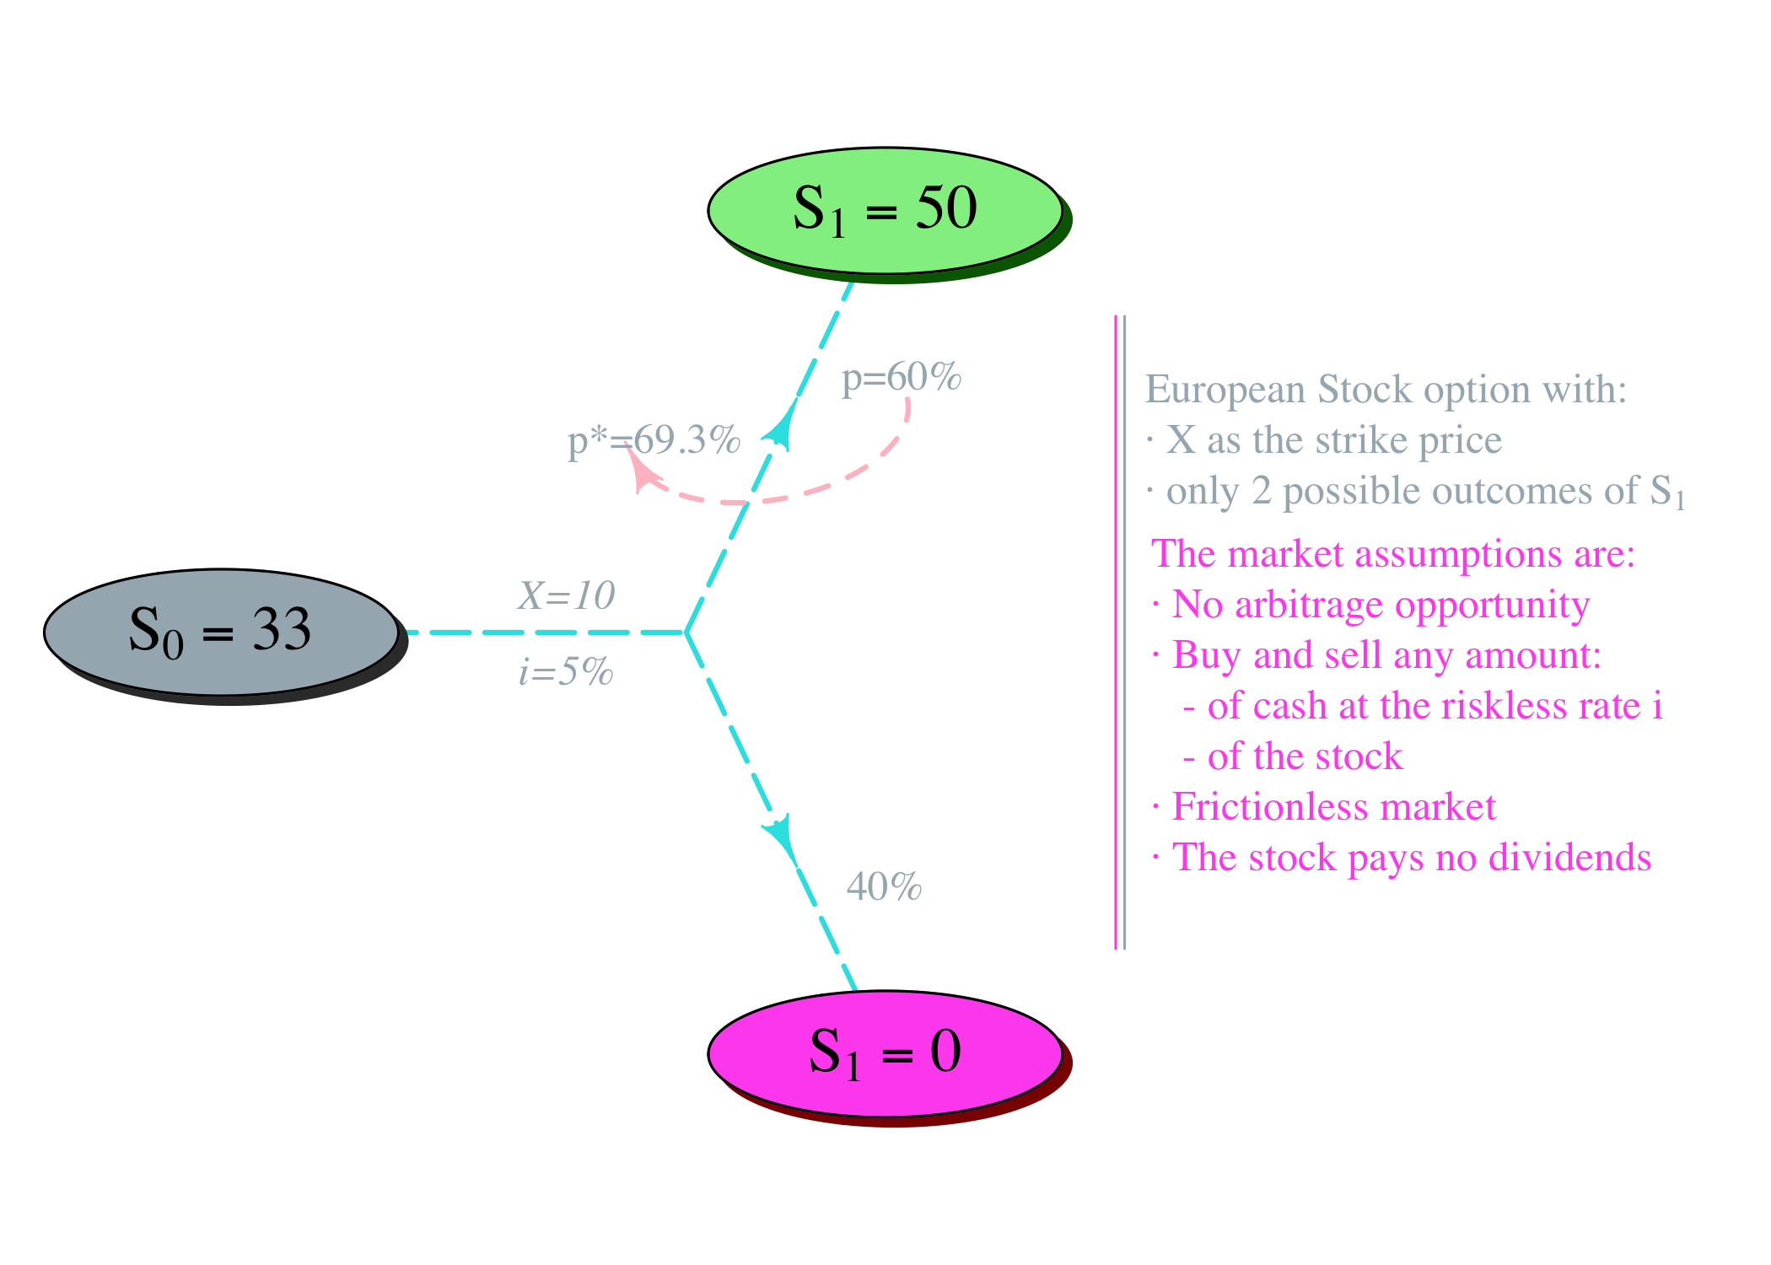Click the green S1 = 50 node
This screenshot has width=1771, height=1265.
click(885, 211)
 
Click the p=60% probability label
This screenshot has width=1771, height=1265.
click(901, 377)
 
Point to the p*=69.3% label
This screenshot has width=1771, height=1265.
click(654, 439)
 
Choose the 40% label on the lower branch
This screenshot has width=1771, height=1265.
click(884, 886)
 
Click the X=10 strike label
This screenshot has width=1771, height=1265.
click(567, 595)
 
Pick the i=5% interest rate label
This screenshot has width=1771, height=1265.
click(566, 671)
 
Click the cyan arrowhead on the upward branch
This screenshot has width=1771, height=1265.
click(781, 427)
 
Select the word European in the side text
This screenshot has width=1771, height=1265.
click(1225, 390)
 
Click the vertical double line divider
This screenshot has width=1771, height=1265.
click(1120, 632)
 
